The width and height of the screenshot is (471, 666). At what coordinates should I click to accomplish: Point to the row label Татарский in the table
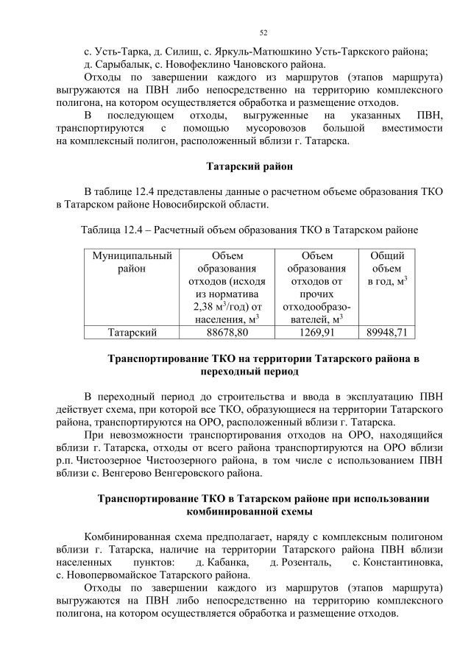tap(132, 333)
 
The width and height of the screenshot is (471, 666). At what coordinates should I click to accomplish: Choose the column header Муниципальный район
tap(132, 262)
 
